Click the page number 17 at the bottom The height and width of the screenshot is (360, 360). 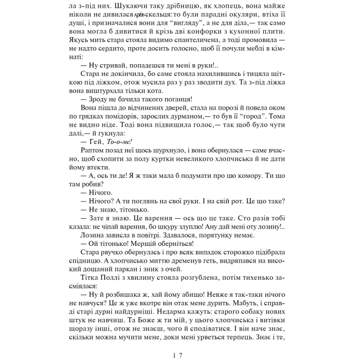tap(177, 340)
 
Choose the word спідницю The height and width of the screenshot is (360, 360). tap(90, 262)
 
